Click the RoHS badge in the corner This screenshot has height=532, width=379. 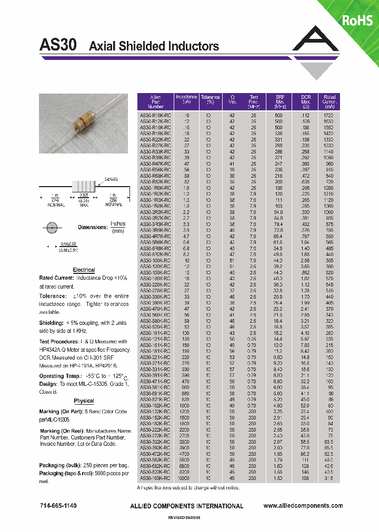[357, 20]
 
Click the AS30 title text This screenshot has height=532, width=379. [58, 45]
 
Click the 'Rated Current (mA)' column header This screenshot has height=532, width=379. [330, 101]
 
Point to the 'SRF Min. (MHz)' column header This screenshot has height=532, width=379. [280, 101]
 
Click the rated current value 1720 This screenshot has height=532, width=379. [330, 115]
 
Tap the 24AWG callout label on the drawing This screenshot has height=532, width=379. [111, 179]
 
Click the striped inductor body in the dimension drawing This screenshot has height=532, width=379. [83, 186]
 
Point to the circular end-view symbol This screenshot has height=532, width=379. [52, 228]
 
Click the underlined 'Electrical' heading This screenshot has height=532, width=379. [84, 270]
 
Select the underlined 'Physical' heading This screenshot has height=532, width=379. [84, 401]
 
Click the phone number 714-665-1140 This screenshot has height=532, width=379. [58, 506]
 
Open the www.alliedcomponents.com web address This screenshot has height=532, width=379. [303, 506]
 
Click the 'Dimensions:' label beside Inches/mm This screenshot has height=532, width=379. [93, 227]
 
